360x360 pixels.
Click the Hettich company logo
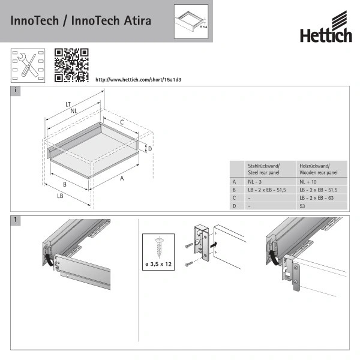click(326, 30)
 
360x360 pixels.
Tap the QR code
click(71, 65)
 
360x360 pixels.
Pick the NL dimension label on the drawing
click(73, 111)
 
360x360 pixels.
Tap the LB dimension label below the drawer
click(61, 196)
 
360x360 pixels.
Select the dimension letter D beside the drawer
click(149, 148)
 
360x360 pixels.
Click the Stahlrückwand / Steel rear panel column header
click(264, 169)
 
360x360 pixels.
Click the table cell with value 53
click(302, 206)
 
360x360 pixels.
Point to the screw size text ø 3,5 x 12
click(158, 263)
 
